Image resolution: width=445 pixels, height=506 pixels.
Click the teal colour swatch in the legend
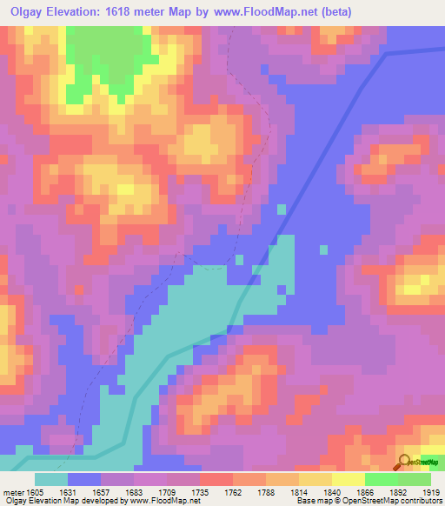coord(51,479)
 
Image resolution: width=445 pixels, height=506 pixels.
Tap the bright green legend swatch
coord(381,479)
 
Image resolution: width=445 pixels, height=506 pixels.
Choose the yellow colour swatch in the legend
coord(348,479)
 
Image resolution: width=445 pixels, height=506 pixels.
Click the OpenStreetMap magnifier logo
coord(404,462)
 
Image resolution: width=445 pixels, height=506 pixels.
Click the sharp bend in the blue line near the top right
coord(386,54)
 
